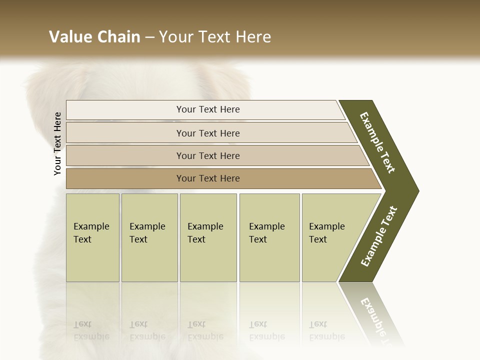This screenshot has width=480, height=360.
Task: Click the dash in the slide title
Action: coord(149,37)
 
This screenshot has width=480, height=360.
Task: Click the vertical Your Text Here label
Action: coord(57,144)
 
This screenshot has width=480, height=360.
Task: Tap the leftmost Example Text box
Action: coord(92,237)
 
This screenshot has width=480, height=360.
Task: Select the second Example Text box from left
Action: coord(149,237)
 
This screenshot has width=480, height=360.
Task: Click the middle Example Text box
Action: coord(208,237)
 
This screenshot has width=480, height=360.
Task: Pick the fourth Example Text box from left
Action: coord(269,237)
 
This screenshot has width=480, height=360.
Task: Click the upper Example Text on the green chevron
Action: coord(377,142)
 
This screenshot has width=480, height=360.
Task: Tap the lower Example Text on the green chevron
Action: coord(379,236)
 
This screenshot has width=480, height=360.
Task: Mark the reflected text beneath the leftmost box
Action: coord(91,330)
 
